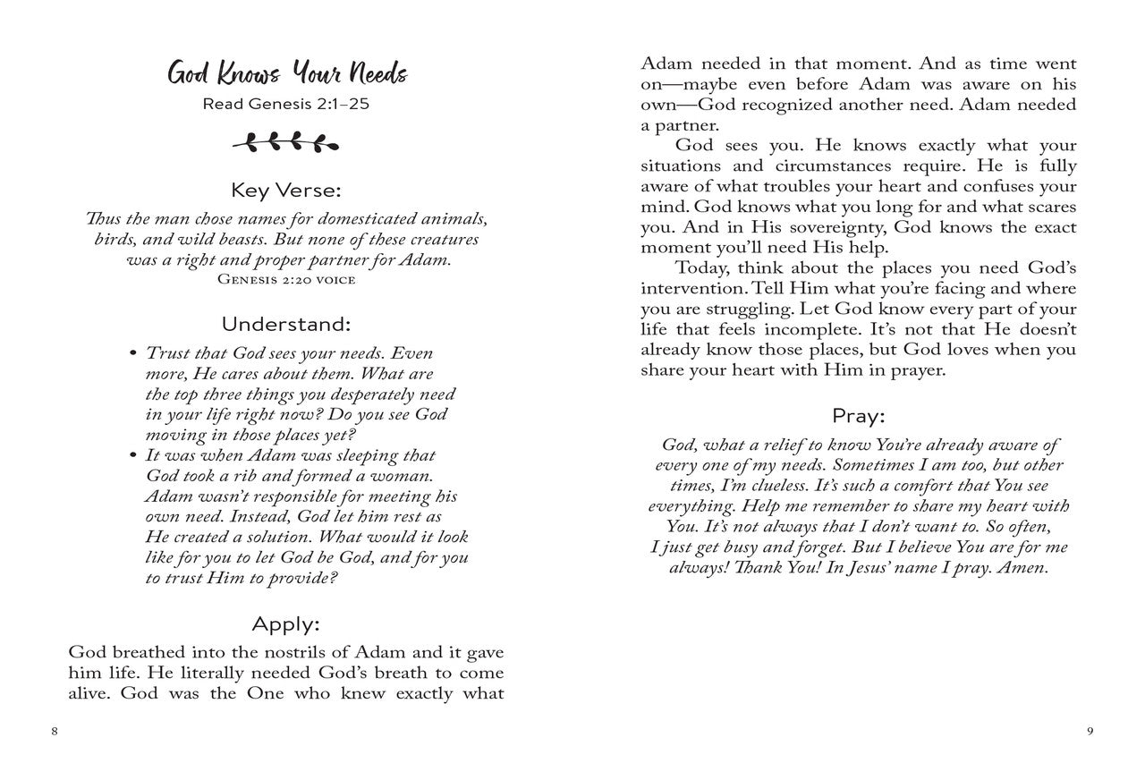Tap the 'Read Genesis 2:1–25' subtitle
[x=286, y=104]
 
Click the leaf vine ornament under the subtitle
[x=286, y=141]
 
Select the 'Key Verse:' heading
[x=286, y=191]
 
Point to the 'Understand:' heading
[x=286, y=323]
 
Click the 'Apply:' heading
[x=286, y=623]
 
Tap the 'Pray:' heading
[x=858, y=416]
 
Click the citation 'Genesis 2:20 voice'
[x=286, y=280]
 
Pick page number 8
[x=55, y=731]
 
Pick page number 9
[x=1090, y=731]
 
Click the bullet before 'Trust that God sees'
[x=132, y=353]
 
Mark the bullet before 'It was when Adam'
[x=132, y=455]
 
